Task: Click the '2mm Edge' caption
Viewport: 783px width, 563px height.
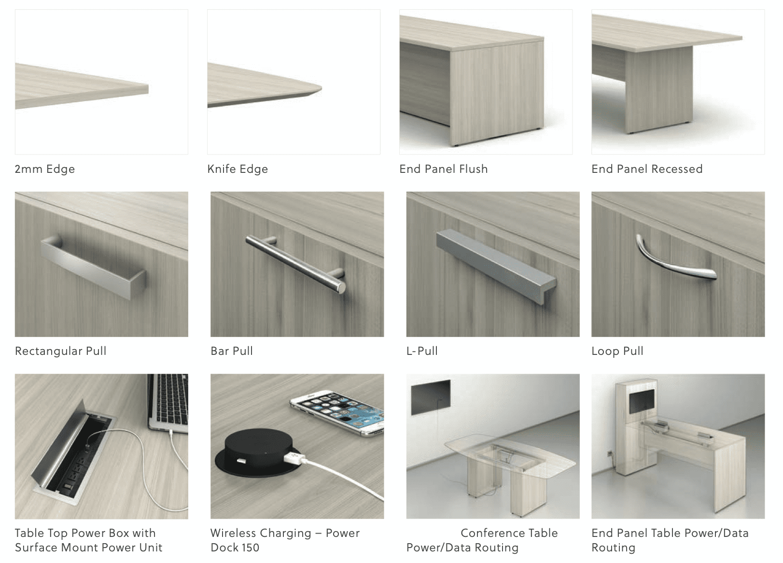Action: (x=45, y=169)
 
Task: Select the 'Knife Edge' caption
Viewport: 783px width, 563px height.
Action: (x=238, y=169)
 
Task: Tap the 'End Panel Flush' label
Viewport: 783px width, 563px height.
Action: (x=444, y=169)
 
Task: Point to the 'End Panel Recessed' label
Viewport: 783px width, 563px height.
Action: (x=647, y=169)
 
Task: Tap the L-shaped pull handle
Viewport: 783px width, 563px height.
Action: (x=496, y=266)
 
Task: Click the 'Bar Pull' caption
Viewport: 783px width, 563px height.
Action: (x=232, y=351)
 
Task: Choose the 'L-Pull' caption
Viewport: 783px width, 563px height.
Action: (x=422, y=351)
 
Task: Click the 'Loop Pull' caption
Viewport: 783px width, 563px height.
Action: (x=617, y=352)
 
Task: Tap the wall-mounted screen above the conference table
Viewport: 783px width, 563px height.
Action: (x=431, y=397)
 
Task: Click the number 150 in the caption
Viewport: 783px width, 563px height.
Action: (x=250, y=548)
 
